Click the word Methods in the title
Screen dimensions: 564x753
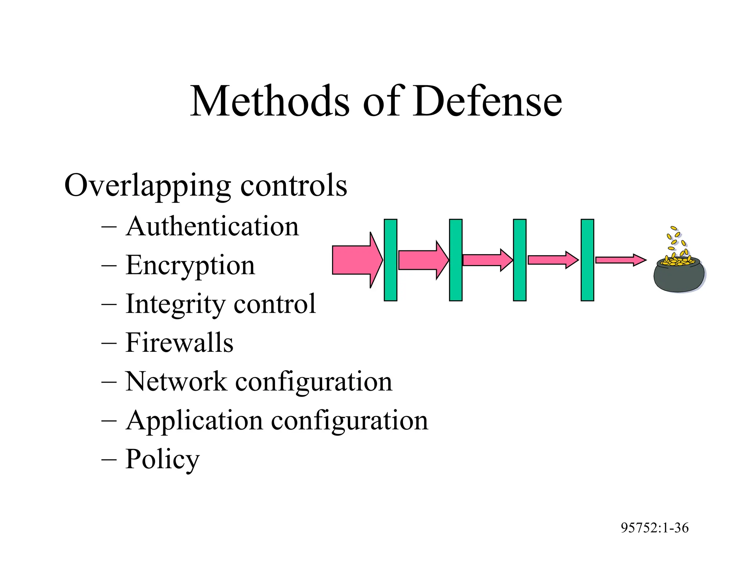pos(270,101)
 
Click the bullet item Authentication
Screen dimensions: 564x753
pos(212,226)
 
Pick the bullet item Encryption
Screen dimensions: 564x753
pos(190,265)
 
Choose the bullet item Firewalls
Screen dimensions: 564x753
pos(179,343)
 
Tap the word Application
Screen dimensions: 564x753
pos(194,420)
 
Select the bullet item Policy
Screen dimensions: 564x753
pos(162,459)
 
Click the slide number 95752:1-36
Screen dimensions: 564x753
pos(654,528)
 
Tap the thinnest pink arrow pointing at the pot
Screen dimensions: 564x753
pos(620,260)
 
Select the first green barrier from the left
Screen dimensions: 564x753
pos(390,260)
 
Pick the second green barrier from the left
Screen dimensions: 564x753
pos(456,260)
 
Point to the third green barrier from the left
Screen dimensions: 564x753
pos(520,260)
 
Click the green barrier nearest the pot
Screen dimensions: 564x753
pos(587,260)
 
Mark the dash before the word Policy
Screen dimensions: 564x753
pos(109,459)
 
